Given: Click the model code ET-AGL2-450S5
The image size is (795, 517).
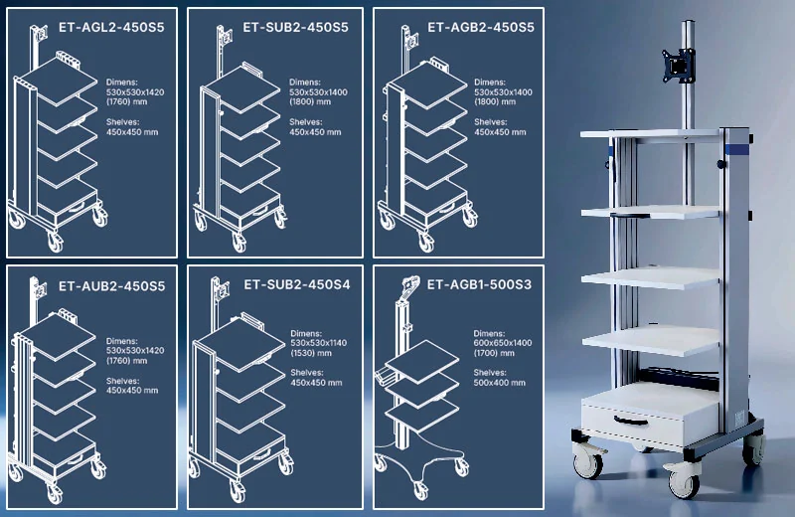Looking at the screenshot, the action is [111, 28].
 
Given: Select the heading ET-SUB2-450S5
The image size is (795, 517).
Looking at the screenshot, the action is [295, 28].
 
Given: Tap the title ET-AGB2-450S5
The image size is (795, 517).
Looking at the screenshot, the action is [481, 28].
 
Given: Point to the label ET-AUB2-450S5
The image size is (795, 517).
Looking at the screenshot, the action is [112, 286].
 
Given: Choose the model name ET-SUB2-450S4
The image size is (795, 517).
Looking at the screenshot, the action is [297, 284].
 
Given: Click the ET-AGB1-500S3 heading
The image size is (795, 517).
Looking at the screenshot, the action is [479, 284].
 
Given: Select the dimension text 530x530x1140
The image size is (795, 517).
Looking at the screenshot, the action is [319, 343].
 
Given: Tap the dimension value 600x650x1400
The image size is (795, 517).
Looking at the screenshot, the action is [503, 343].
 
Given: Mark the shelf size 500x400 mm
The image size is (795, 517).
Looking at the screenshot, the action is [500, 383].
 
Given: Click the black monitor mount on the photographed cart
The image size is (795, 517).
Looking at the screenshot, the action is [679, 65].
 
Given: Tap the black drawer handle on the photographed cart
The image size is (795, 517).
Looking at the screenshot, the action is [631, 421].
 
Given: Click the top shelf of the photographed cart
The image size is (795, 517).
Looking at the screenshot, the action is [651, 134].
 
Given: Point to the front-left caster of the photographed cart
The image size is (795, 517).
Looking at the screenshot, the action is [588, 459].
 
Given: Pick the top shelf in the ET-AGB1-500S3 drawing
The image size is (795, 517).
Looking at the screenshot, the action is [422, 361].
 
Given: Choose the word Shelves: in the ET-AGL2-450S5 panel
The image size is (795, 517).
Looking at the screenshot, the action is [122, 121].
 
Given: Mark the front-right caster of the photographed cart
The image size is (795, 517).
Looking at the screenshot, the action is [684, 478].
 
